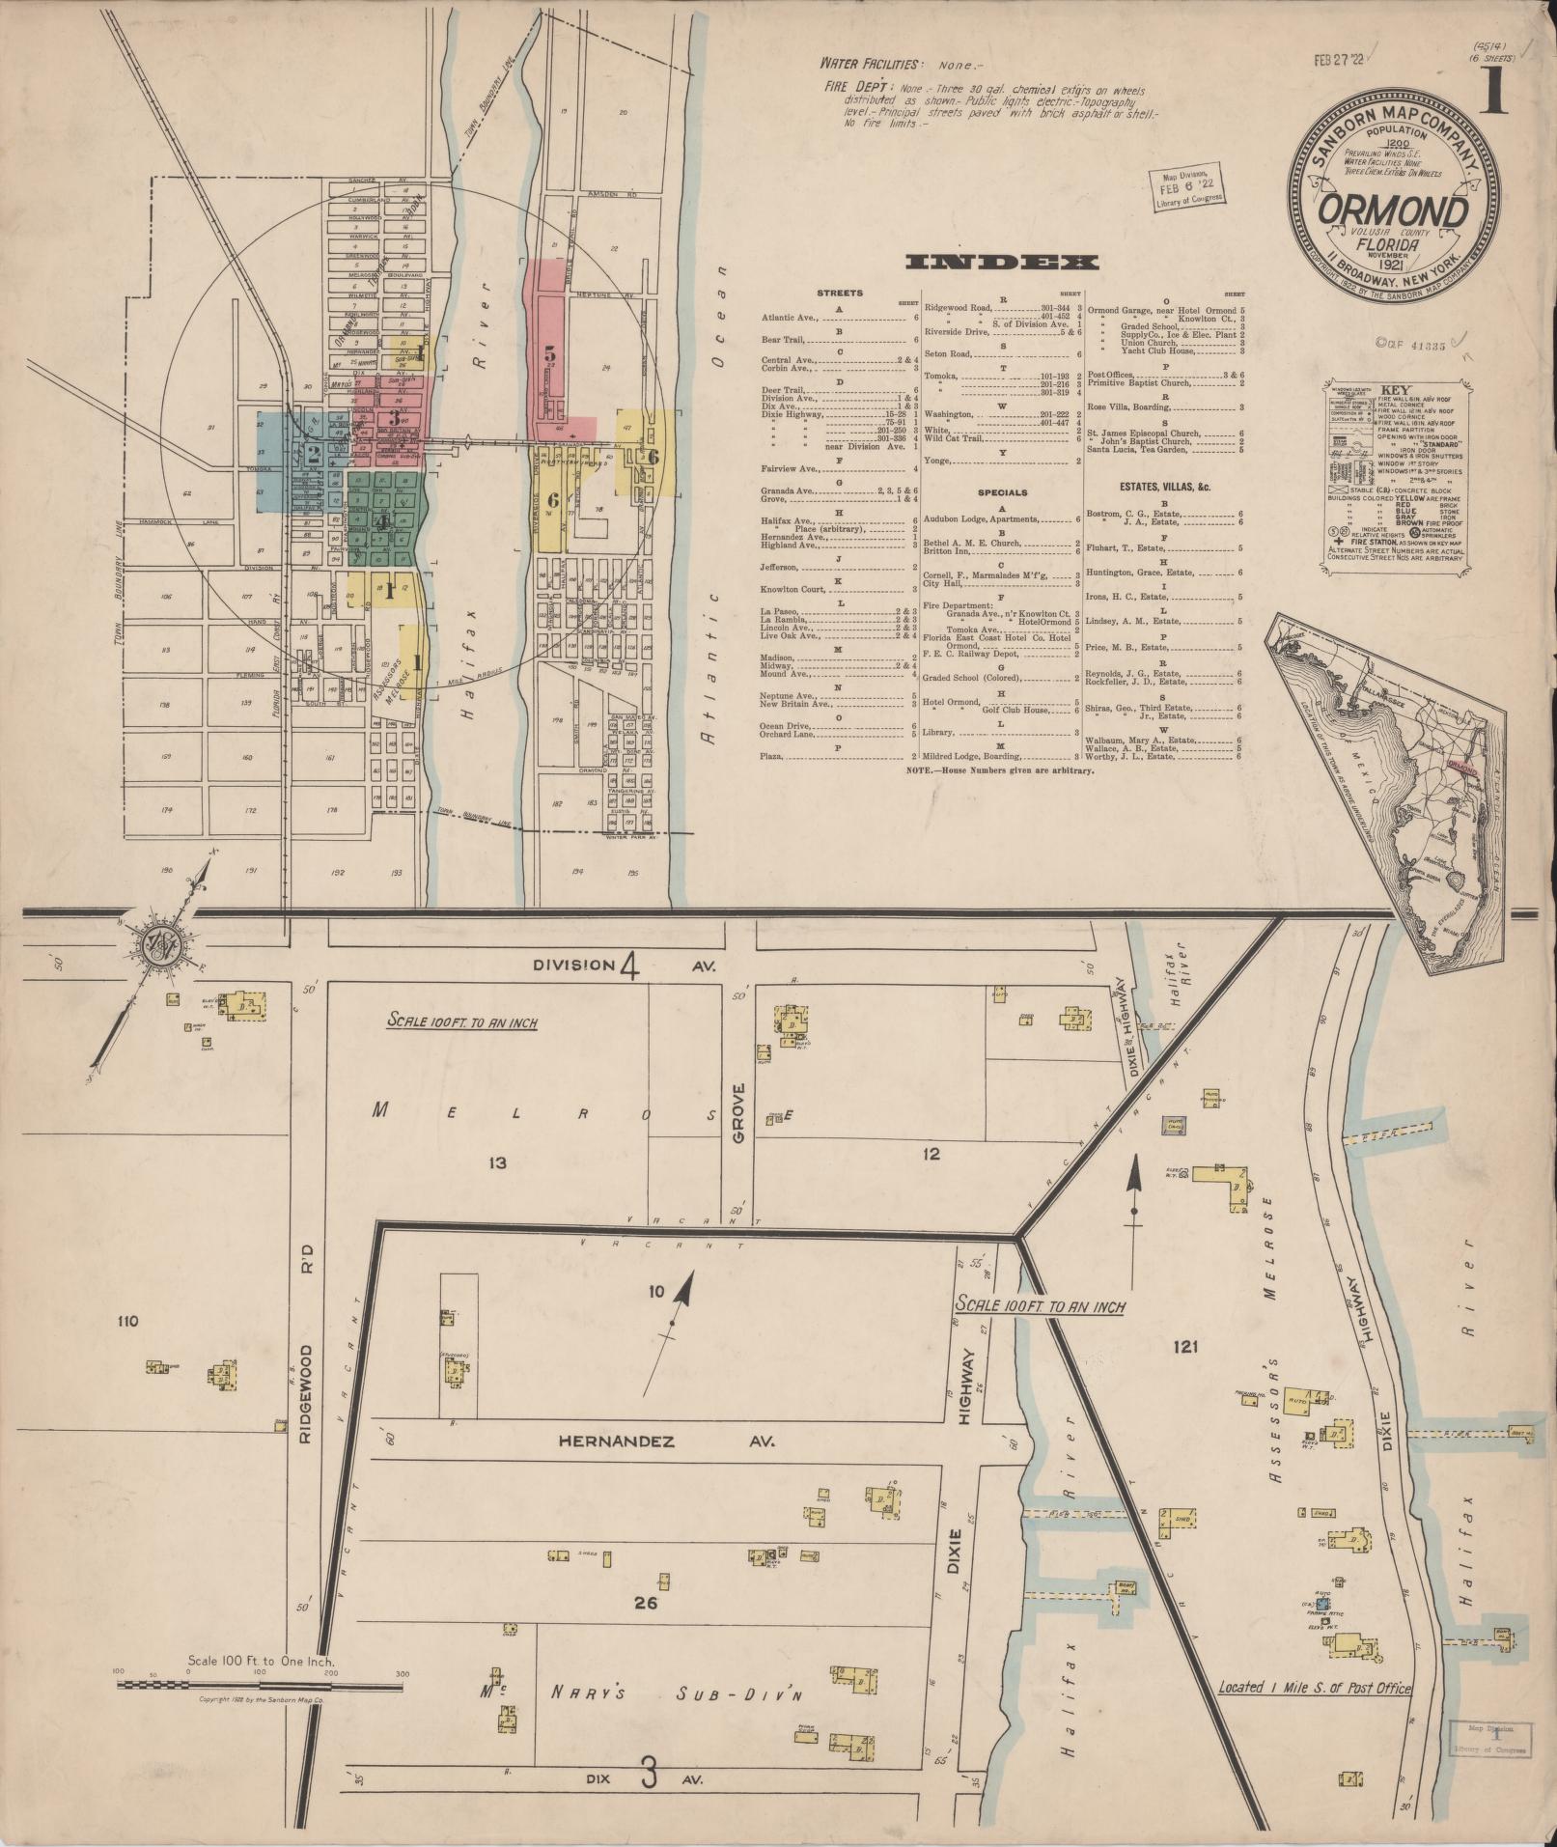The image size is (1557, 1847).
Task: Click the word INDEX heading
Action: pyautogui.click(x=1002, y=262)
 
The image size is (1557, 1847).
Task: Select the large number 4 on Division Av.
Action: pyautogui.click(x=630, y=966)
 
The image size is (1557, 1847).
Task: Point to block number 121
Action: pyautogui.click(x=1185, y=1346)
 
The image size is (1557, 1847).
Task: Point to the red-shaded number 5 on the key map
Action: pyautogui.click(x=550, y=354)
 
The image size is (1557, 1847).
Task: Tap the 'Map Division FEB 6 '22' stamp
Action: pyautogui.click(x=1185, y=186)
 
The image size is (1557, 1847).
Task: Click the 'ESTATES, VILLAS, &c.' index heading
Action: pyautogui.click(x=1164, y=486)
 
